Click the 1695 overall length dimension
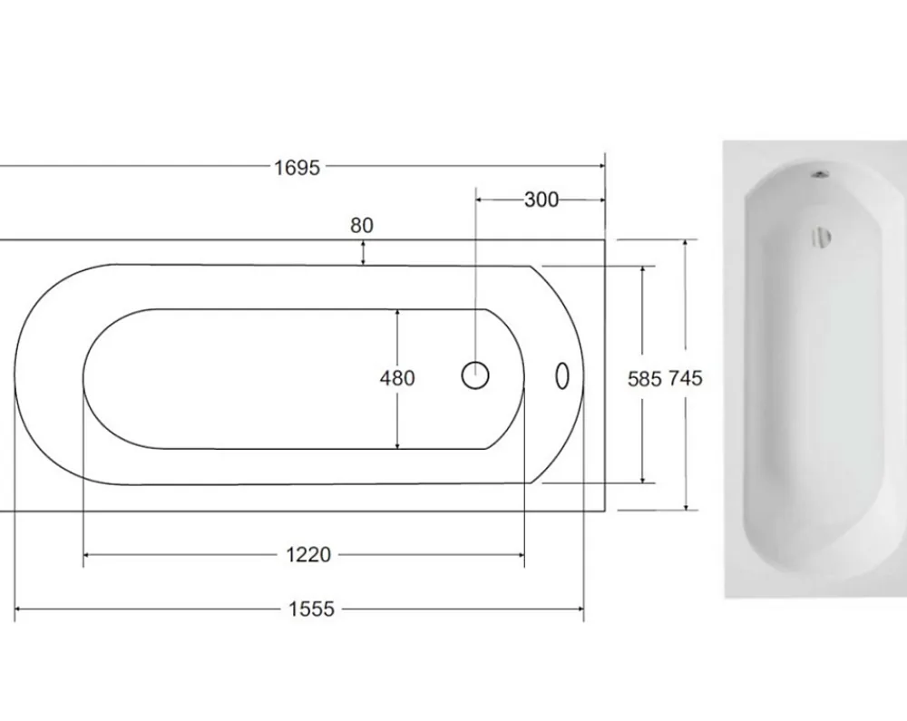coord(297,168)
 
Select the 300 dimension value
coord(541,200)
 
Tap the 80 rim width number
coord(362,225)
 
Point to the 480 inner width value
coord(397,378)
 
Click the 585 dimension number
coord(644,379)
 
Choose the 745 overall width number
coord(686,378)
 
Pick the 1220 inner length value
coord(309,555)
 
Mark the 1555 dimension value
coord(311,609)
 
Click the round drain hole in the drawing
coord(475,375)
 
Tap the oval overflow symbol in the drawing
coord(561,375)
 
